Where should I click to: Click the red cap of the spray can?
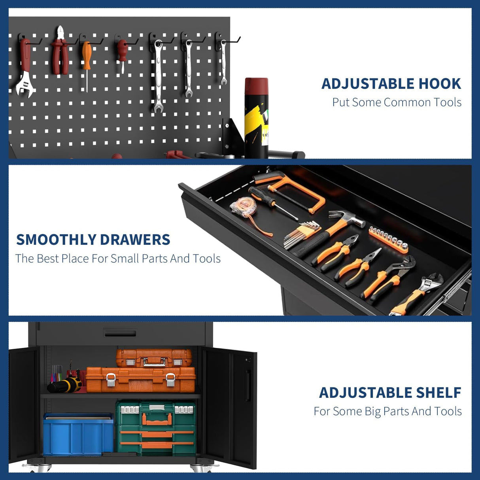pyautogui.click(x=256, y=86)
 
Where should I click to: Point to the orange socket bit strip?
pyautogui.click(x=388, y=240)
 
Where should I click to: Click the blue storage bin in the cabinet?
pyautogui.click(x=78, y=435)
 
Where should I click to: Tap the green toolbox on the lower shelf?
pyautogui.click(x=156, y=428)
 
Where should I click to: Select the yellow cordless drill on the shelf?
pyautogui.click(x=65, y=385)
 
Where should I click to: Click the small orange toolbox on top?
pyautogui.click(x=154, y=357)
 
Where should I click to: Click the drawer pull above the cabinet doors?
pyautogui.click(x=120, y=333)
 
